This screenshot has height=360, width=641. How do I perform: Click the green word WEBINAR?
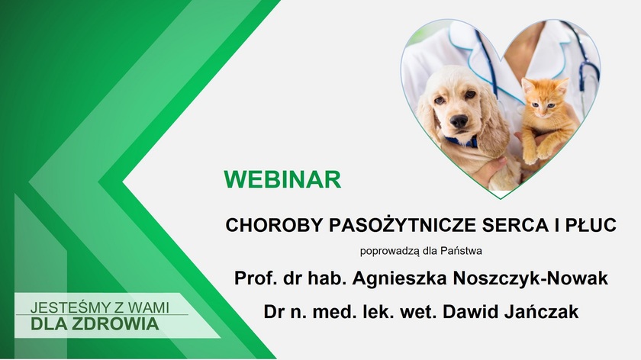click(282, 179)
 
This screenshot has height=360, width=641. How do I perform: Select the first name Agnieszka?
click(400, 278)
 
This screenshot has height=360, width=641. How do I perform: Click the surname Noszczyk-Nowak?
click(530, 278)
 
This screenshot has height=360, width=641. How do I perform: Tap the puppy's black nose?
click(459, 121)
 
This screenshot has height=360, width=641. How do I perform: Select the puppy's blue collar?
click(461, 142)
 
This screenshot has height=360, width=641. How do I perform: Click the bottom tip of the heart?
click(501, 198)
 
